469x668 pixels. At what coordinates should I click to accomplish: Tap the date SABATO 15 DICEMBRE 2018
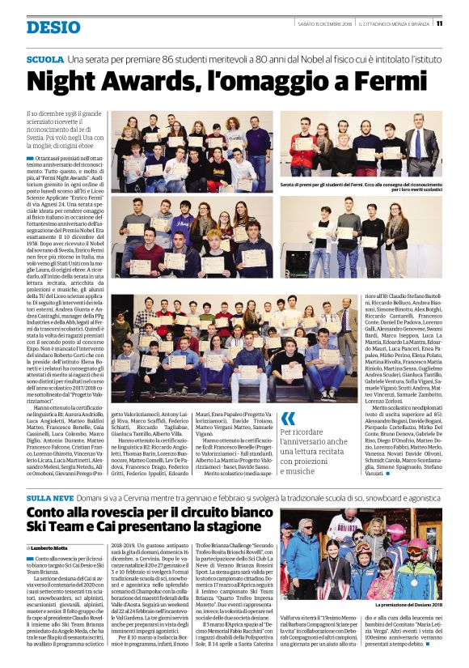(x=315, y=23)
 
